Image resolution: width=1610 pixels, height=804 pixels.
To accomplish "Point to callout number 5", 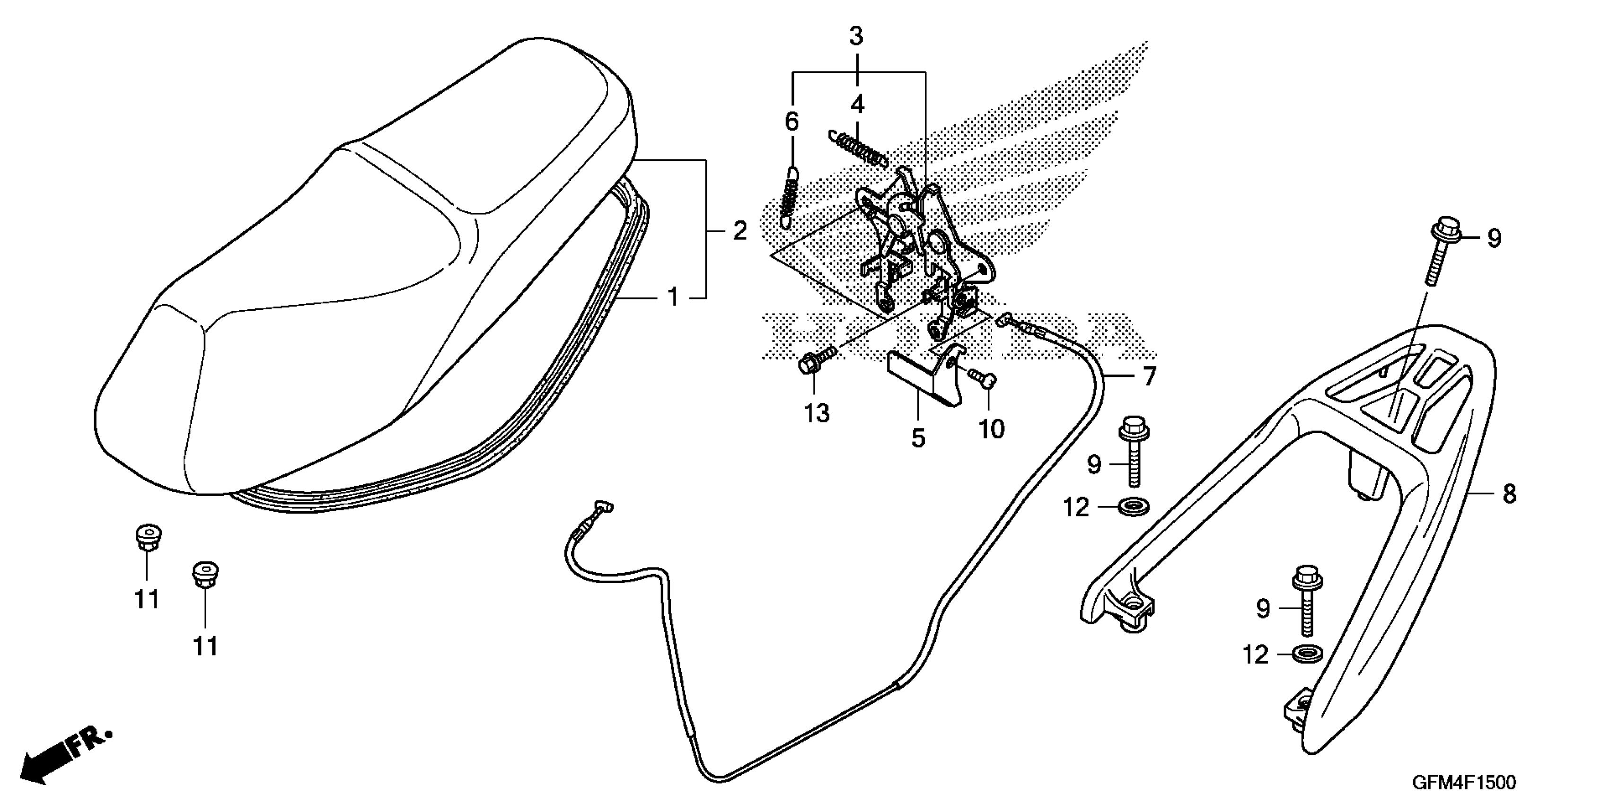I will click(x=917, y=438).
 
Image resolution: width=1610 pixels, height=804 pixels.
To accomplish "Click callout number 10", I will click(x=991, y=428).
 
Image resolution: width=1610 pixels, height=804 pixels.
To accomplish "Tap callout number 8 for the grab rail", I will click(x=1509, y=495).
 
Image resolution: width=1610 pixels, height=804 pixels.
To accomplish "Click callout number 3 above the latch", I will click(x=856, y=37).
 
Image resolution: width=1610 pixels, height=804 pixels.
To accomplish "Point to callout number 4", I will click(x=857, y=105).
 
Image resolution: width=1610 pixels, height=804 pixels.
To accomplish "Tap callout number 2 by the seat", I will click(x=739, y=231).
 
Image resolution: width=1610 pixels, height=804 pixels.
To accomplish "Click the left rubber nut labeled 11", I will click(x=147, y=539).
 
